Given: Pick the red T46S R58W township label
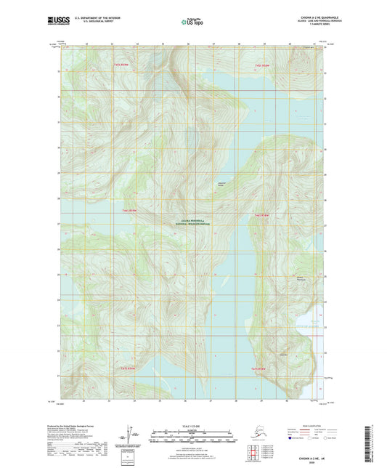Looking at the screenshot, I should (x=262, y=215).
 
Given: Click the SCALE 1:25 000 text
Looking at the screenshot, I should (x=193, y=427).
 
